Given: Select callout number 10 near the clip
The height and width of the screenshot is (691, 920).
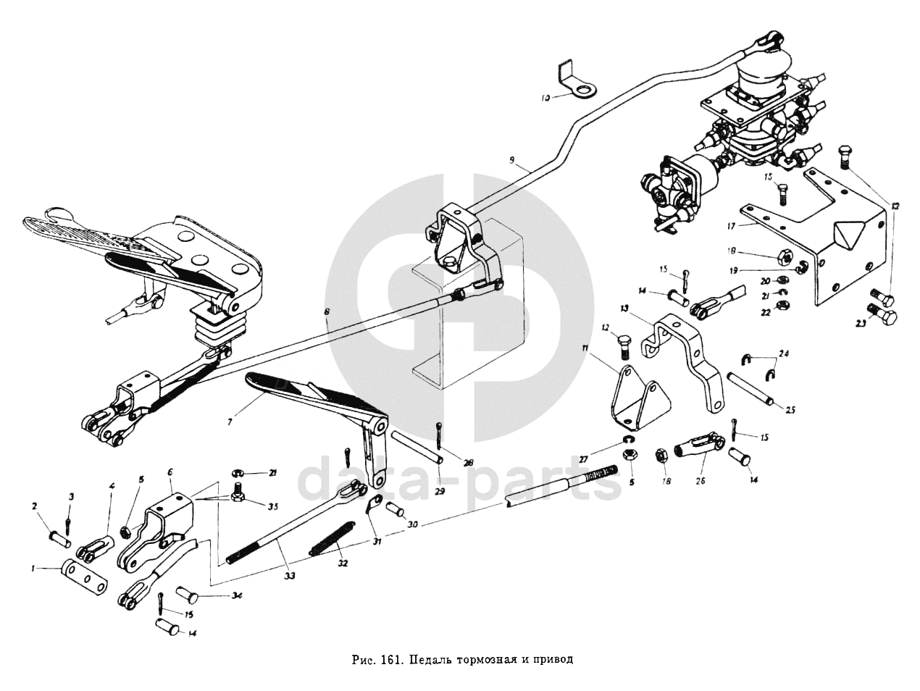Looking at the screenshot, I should pyautogui.click(x=546, y=96).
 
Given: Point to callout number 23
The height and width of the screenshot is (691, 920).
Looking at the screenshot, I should pyautogui.click(x=860, y=324).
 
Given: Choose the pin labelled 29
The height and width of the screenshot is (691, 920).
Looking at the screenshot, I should pyautogui.click(x=415, y=448).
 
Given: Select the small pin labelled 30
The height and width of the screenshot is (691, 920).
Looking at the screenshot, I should pyautogui.click(x=396, y=509).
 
